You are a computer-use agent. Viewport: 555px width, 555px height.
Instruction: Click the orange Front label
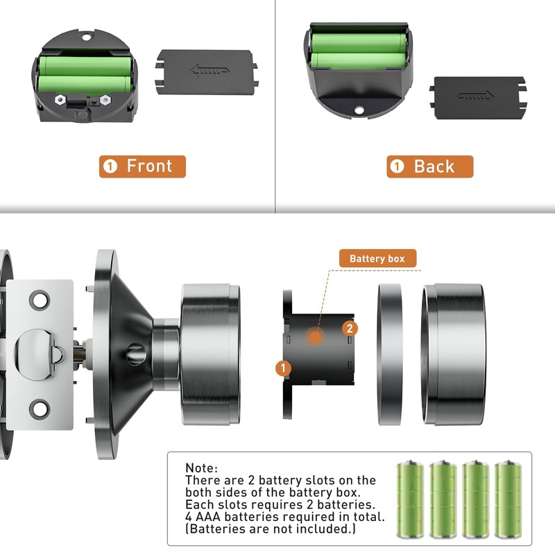[x=142, y=166]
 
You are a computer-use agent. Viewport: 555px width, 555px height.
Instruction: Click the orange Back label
[x=429, y=166]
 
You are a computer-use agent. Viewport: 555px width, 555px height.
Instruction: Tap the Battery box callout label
[x=377, y=259]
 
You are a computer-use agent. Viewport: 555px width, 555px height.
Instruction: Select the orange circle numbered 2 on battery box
[x=351, y=328]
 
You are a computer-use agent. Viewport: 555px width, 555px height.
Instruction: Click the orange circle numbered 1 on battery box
[x=283, y=368]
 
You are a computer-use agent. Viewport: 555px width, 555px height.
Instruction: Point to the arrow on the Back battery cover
[x=476, y=95]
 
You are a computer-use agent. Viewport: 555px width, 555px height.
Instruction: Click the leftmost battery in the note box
[x=409, y=495]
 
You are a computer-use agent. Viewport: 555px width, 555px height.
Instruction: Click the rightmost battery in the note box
[x=509, y=495]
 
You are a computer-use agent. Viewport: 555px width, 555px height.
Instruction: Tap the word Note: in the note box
[x=202, y=468]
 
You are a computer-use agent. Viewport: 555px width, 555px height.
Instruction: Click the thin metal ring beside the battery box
[x=390, y=354]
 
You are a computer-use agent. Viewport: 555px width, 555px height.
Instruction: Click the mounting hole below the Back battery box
[x=359, y=110]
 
